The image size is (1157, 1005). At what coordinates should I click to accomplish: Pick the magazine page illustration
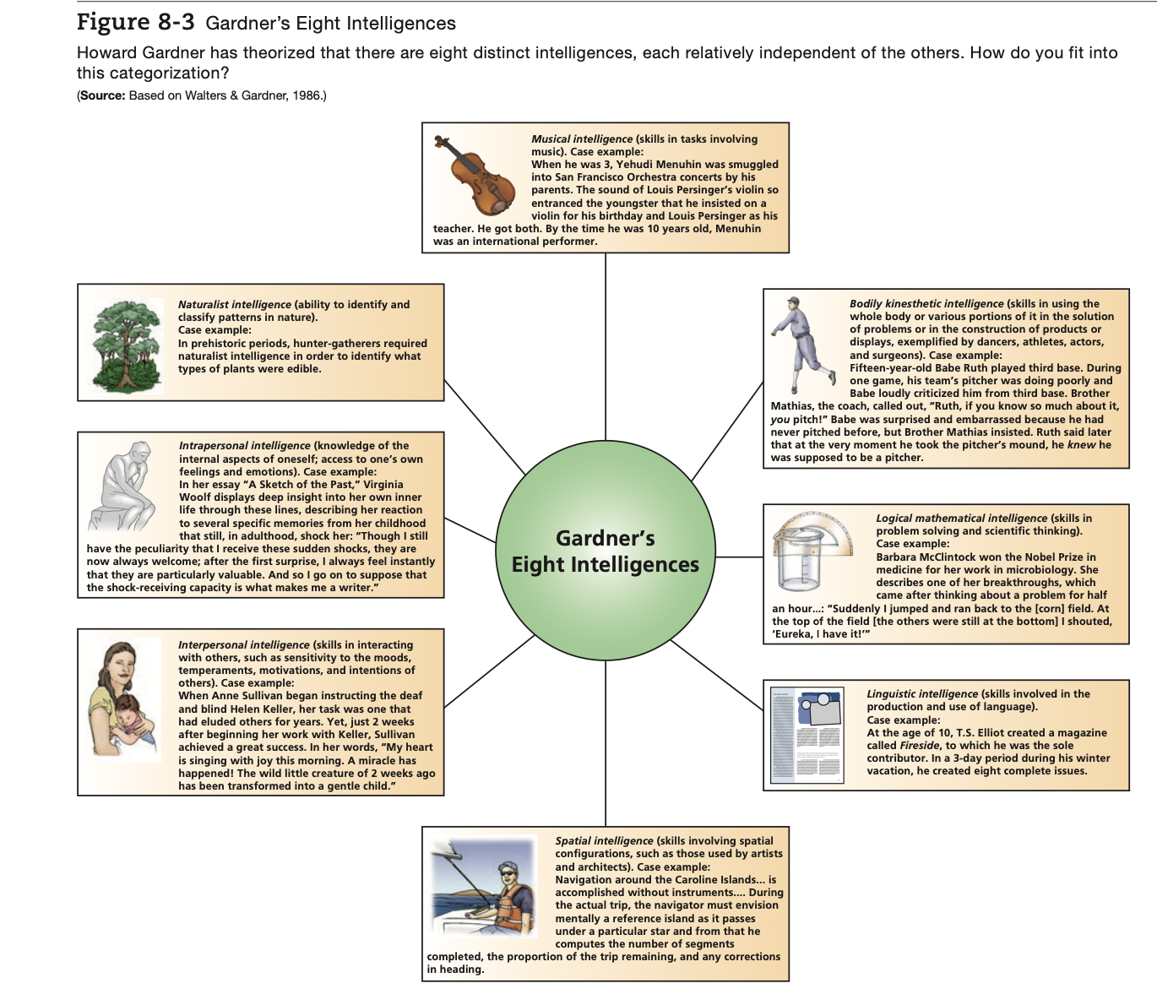click(807, 736)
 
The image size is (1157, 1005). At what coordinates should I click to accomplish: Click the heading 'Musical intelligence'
click(581, 139)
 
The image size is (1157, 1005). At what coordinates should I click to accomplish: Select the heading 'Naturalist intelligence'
click(234, 305)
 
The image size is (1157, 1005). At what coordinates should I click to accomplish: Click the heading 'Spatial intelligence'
click(604, 841)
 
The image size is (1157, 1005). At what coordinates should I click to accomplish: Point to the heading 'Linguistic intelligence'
click(922, 694)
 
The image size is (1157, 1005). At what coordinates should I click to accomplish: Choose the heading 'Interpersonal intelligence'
click(243, 645)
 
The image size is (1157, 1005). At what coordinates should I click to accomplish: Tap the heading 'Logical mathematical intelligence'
click(961, 519)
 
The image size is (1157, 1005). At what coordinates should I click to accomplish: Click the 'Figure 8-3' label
click(135, 22)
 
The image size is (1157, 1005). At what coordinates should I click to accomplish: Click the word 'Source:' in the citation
click(102, 95)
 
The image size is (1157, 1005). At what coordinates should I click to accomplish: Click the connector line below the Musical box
click(606, 372)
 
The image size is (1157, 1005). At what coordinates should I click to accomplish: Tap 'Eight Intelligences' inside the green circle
click(606, 565)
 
